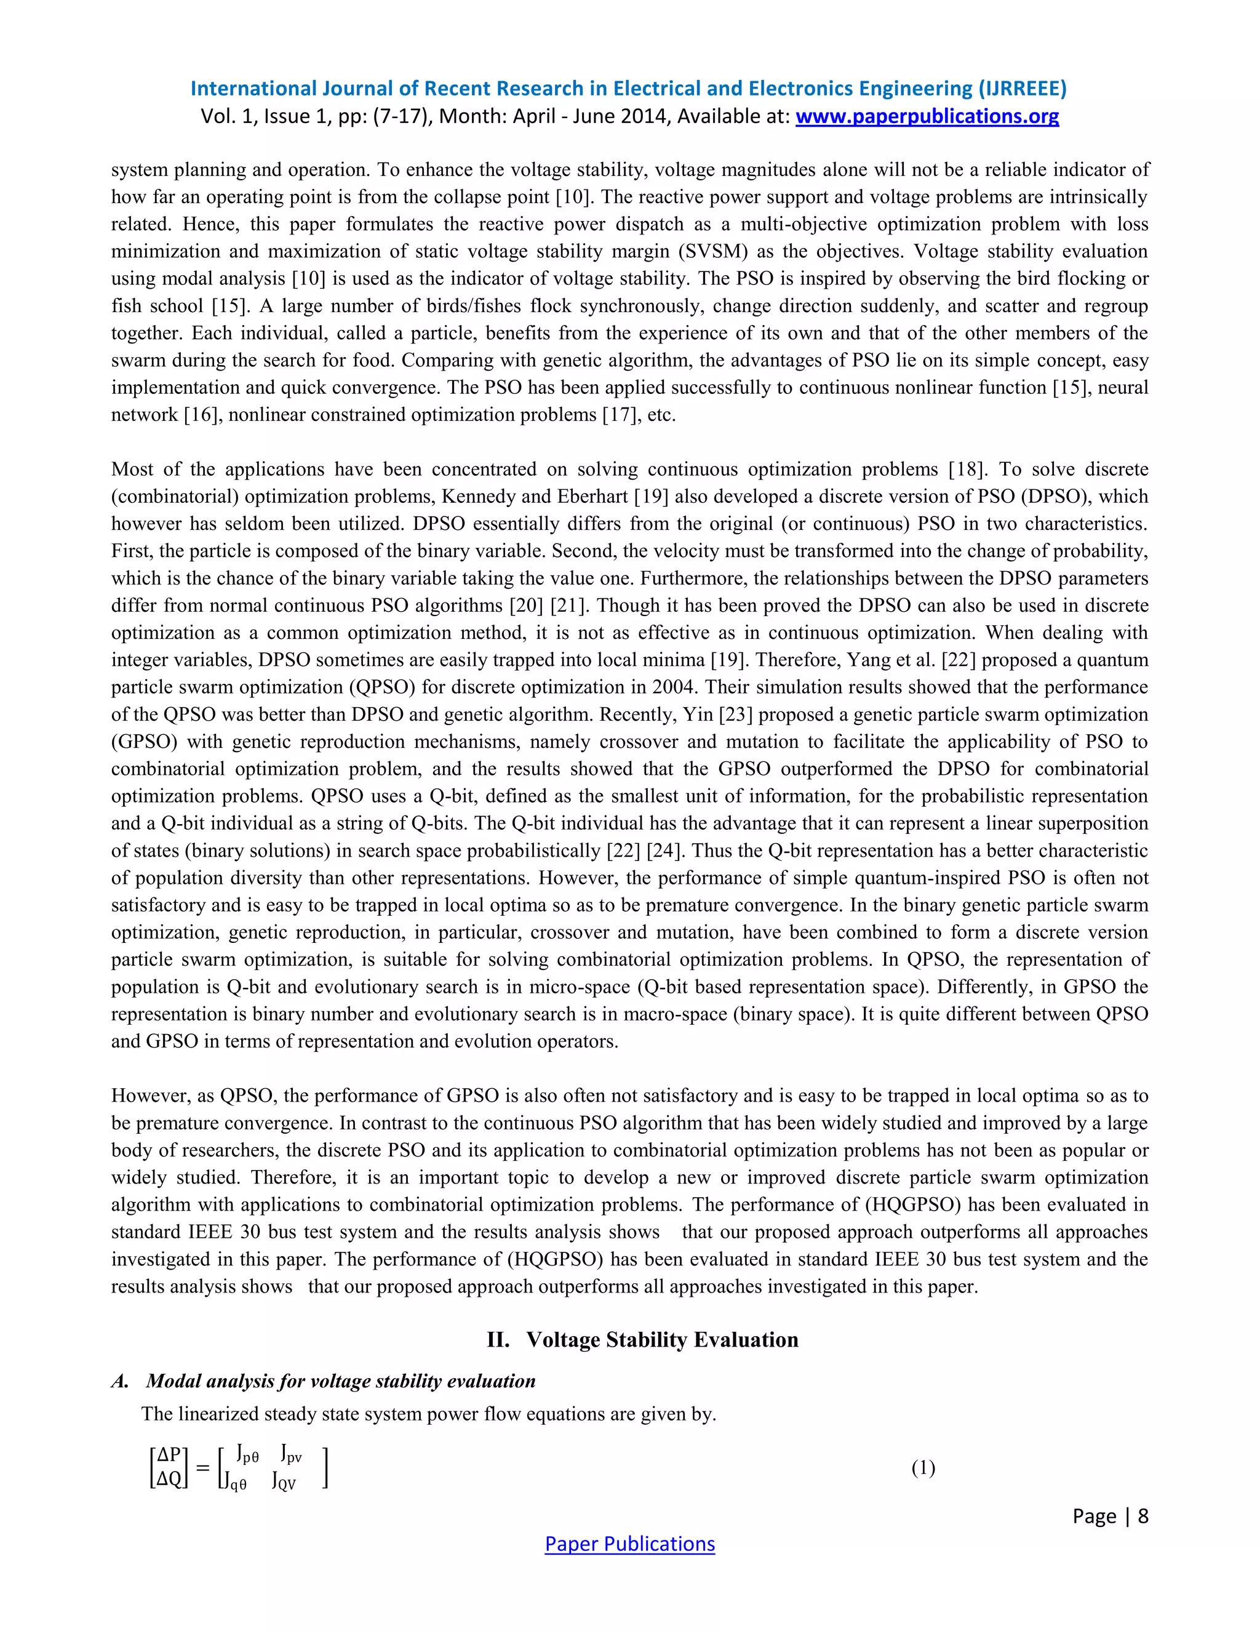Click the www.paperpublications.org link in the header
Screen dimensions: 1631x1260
927,116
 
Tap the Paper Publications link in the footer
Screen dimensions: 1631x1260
629,1544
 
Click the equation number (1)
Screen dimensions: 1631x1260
923,1467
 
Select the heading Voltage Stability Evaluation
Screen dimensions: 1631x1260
662,1339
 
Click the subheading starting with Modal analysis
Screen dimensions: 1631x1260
340,1381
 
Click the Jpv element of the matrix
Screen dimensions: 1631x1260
291,1454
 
